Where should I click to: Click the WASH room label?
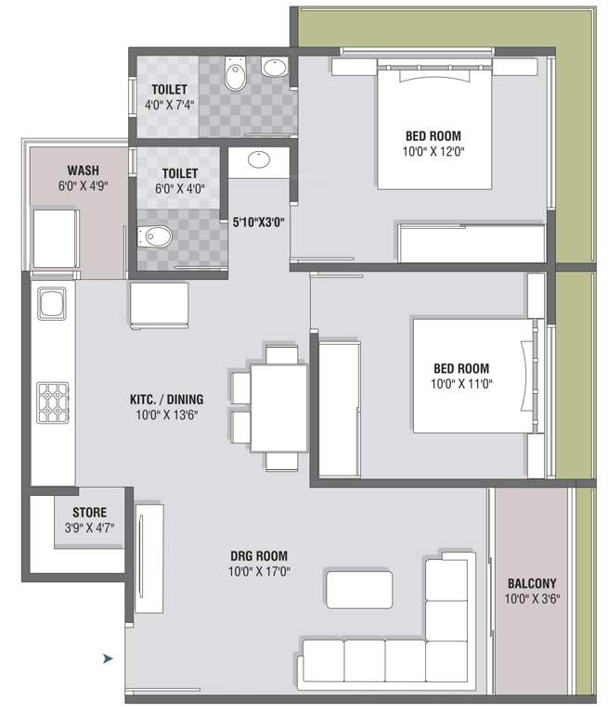click(x=84, y=171)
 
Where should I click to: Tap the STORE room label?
click(x=90, y=512)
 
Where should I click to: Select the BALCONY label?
click(x=532, y=583)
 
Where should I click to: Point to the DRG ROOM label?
click(x=259, y=556)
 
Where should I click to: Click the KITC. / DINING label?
click(x=166, y=400)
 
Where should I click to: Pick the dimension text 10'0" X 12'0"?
click(x=433, y=151)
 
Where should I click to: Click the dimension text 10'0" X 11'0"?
click(x=461, y=384)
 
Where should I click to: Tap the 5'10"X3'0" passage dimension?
click(x=259, y=222)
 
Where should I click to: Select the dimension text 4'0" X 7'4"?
click(x=169, y=105)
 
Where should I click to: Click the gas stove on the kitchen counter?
click(x=53, y=402)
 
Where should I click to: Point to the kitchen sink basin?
click(x=51, y=303)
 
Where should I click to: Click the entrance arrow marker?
click(x=108, y=658)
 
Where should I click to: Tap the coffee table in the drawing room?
click(x=359, y=590)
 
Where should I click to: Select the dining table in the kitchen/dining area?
click(x=278, y=408)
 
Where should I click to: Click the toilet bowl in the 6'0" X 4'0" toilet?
click(x=155, y=236)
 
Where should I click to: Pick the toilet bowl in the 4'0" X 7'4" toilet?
click(x=236, y=73)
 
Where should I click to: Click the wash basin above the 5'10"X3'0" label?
click(x=259, y=159)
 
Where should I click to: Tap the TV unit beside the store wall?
click(x=149, y=558)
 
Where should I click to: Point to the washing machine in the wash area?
click(x=56, y=238)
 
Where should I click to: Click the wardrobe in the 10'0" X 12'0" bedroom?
click(x=472, y=243)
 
